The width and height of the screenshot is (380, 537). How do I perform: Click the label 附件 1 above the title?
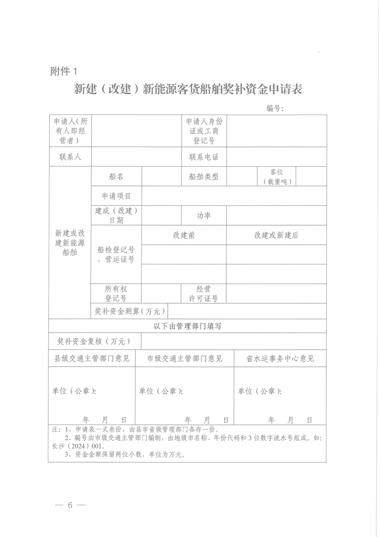pyautogui.click(x=63, y=71)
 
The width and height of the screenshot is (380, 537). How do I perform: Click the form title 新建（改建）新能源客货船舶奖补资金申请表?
pyautogui.click(x=188, y=89)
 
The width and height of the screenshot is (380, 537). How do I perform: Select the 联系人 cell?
pyautogui.click(x=70, y=157)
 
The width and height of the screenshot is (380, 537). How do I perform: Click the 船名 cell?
pyautogui.click(x=116, y=176)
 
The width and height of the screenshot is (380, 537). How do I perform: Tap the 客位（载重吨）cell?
pyautogui.click(x=277, y=176)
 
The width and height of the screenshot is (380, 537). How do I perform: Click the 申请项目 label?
pyautogui.click(x=116, y=195)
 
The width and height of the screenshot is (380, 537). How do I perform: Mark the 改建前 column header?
pyautogui.click(x=184, y=235)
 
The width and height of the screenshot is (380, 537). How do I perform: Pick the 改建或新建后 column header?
pyautogui.click(x=276, y=235)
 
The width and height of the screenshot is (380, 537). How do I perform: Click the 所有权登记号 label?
pyautogui.click(x=116, y=294)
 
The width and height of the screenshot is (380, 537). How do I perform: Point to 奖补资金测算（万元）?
pyautogui.click(x=130, y=311)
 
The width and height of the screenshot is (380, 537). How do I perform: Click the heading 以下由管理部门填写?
pyautogui.click(x=187, y=326)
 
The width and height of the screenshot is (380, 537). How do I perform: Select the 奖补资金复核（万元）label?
pyautogui.click(x=94, y=342)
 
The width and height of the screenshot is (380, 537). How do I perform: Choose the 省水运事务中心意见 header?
pyautogui.click(x=280, y=358)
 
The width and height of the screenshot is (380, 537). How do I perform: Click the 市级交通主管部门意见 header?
pyautogui.click(x=184, y=358)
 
